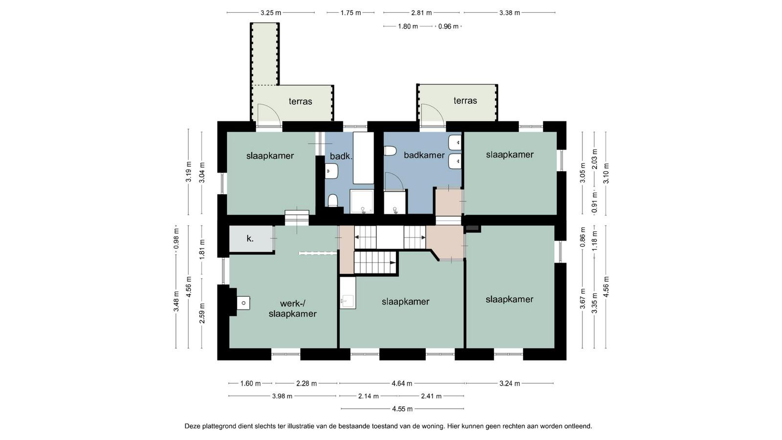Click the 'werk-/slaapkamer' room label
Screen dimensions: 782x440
click(x=293, y=308)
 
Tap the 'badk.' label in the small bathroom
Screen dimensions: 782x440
click(x=341, y=156)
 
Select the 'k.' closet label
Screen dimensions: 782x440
click(x=250, y=239)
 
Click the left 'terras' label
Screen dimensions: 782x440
click(x=300, y=101)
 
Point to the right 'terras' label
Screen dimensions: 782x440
click(x=465, y=101)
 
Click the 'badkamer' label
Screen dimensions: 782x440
click(x=424, y=154)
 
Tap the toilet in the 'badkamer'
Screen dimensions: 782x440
click(x=390, y=151)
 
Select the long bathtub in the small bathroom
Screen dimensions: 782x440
click(x=364, y=158)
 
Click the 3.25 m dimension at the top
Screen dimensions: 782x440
click(x=271, y=13)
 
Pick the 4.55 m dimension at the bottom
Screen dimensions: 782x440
click(x=402, y=409)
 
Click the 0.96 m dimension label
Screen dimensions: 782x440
click(x=448, y=26)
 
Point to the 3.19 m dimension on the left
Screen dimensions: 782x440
click(x=189, y=172)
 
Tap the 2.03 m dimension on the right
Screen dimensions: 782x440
click(x=594, y=159)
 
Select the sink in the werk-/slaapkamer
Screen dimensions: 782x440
click(x=243, y=303)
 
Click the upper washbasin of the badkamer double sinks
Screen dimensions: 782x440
click(x=455, y=142)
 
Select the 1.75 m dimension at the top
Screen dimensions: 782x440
click(x=350, y=13)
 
